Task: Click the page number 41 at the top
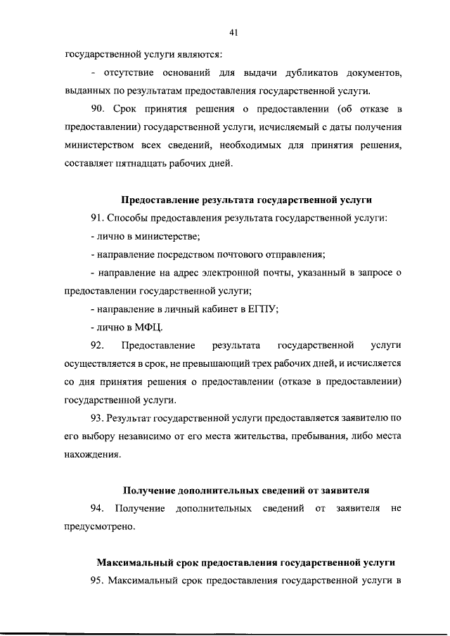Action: (x=234, y=31)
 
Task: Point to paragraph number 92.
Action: (x=98, y=346)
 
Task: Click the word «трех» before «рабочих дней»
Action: (x=276, y=364)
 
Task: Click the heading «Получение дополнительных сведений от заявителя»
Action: (x=246, y=490)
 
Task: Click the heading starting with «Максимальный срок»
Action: (x=245, y=563)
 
